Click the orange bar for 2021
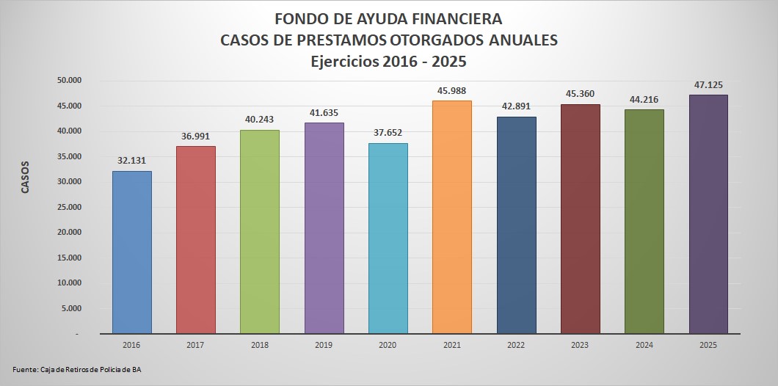pyautogui.click(x=451, y=217)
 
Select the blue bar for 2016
pyautogui.click(x=132, y=252)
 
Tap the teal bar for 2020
pyautogui.click(x=388, y=238)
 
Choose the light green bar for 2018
pyautogui.click(x=260, y=232)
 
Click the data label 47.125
pyautogui.click(x=708, y=85)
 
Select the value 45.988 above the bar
pyautogui.click(x=451, y=91)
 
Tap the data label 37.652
pyautogui.click(x=388, y=134)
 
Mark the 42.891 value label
pyautogui.click(x=516, y=107)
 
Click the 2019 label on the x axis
pyautogui.click(x=324, y=344)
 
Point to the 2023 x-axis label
pyautogui.click(x=580, y=344)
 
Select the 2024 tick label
pyautogui.click(x=644, y=344)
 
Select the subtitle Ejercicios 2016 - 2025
pyautogui.click(x=388, y=62)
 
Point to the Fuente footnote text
pyautogui.click(x=77, y=369)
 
